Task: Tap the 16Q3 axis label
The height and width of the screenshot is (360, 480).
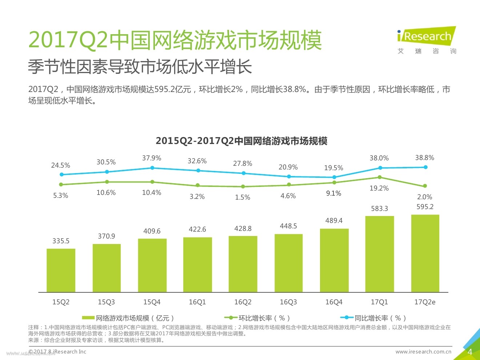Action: pos(288,302)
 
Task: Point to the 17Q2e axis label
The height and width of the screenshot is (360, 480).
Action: pos(425,302)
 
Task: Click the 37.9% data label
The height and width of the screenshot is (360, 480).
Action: pos(152,158)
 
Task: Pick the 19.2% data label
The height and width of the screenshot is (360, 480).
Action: pos(379,188)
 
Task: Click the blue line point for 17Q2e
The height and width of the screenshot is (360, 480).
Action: pos(425,167)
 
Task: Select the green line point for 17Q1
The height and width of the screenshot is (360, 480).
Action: pos(380,177)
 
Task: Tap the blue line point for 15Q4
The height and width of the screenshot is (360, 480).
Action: pos(152,168)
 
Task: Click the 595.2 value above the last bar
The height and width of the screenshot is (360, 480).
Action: pos(425,207)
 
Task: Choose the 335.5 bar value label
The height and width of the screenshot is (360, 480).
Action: pos(61,241)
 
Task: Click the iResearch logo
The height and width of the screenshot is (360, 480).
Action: pos(426,36)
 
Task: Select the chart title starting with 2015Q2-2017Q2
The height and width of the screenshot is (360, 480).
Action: pos(241,141)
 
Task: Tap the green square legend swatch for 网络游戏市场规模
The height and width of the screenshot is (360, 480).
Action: pos(88,318)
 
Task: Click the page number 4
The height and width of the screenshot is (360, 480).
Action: pos(470,352)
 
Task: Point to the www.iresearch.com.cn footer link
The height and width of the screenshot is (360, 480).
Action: pos(423,352)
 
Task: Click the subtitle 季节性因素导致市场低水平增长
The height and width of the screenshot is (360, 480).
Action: pos(140,67)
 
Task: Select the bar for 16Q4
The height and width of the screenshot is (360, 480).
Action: pos(334,260)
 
